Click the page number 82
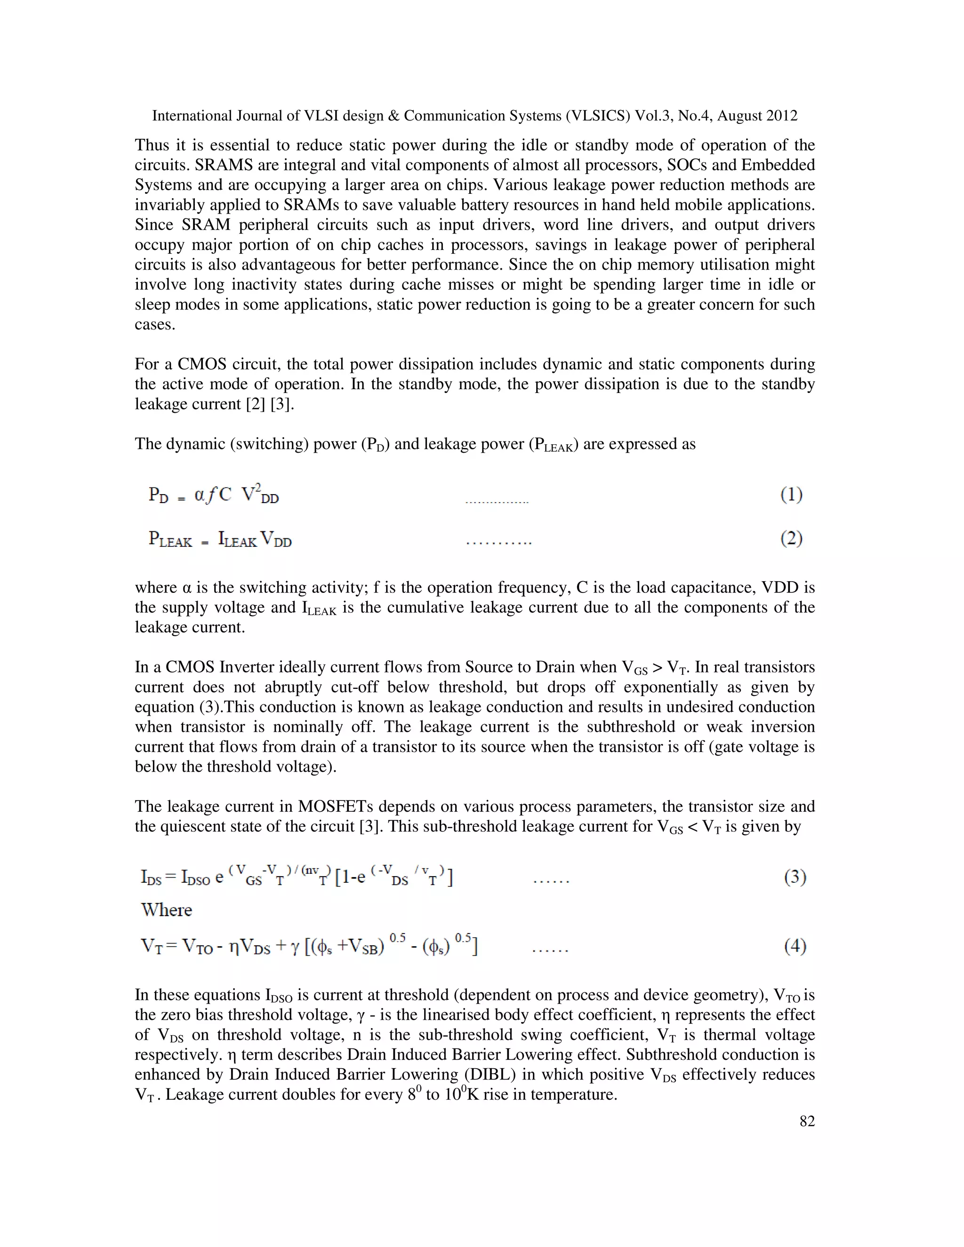pyautogui.click(x=807, y=1121)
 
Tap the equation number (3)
pyautogui.click(x=795, y=877)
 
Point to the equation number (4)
pyautogui.click(x=795, y=947)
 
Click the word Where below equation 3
pyautogui.click(x=166, y=910)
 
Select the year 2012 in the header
pyautogui.click(x=782, y=116)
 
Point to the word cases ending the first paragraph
pyautogui.click(x=154, y=325)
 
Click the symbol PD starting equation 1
pyautogui.click(x=158, y=495)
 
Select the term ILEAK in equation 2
pyautogui.click(x=237, y=540)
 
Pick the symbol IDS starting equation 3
pyautogui.click(x=152, y=878)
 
